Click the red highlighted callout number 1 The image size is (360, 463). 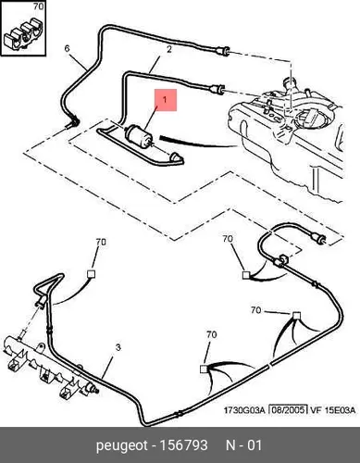pos(165,99)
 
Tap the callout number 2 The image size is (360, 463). pos(168,49)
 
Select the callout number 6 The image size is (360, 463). pos(68,48)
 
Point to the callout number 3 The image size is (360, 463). pos(118,347)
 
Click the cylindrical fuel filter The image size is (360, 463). pos(139,135)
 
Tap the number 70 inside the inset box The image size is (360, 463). pos(38,6)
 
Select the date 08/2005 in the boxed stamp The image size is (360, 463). pos(288,410)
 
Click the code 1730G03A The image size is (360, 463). pos(244,410)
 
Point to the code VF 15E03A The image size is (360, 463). pos(332,410)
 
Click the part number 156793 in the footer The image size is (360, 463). pos(183,445)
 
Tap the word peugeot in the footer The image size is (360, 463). pos(122,446)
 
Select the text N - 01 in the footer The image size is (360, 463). pos(243,445)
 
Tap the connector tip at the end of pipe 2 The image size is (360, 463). pos(217,89)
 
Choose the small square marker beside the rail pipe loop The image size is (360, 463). pos(92,274)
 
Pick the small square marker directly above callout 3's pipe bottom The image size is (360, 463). pos(204,369)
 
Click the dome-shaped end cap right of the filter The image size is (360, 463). pos(176,157)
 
